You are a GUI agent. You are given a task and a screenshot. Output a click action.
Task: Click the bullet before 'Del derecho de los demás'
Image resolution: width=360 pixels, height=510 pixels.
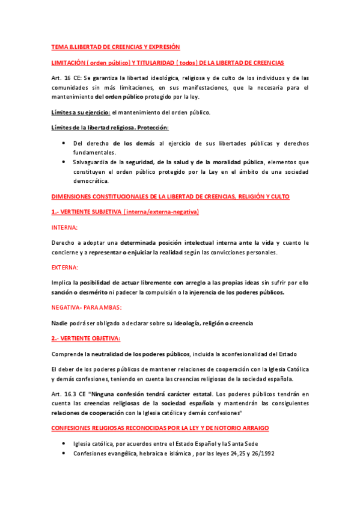[64, 143]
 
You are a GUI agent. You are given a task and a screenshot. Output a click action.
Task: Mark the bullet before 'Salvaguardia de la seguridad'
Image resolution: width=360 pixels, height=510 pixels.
[64, 162]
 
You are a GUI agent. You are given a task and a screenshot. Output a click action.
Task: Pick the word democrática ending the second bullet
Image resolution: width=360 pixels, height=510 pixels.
[90, 180]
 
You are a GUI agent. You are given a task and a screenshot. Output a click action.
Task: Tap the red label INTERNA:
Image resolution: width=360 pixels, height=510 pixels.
[64, 227]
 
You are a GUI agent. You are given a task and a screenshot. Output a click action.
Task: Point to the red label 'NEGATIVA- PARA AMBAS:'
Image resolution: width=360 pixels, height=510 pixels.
[87, 307]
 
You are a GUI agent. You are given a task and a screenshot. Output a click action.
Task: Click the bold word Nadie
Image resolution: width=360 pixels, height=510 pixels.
[60, 323]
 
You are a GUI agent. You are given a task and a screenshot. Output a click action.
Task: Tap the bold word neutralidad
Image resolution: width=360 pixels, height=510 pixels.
[99, 354]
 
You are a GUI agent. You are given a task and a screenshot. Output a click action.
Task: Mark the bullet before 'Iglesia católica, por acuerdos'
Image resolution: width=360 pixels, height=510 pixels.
[64, 443]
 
